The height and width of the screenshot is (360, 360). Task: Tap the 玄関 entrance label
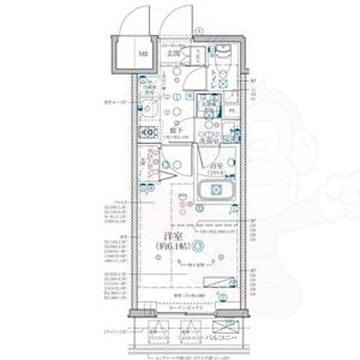tap(173, 53)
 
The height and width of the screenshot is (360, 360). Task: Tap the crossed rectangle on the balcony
tap(157, 333)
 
